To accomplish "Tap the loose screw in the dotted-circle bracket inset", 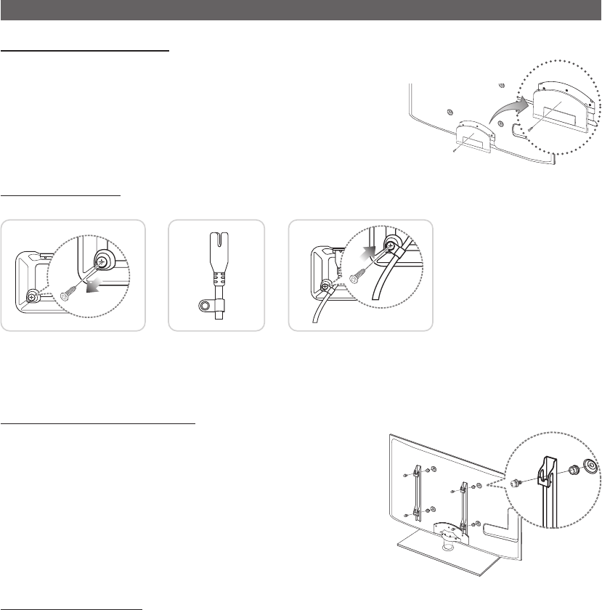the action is [533, 129].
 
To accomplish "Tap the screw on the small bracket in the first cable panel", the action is [33, 295].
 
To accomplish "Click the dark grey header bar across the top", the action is [301, 10].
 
